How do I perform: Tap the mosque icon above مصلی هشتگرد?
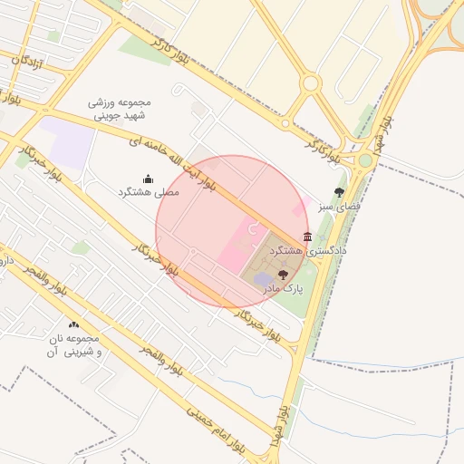149,179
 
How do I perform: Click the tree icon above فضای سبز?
339,192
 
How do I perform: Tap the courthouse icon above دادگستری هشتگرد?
308,237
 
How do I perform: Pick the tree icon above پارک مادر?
283,274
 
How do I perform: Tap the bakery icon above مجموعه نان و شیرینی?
73,324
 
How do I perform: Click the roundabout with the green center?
364,160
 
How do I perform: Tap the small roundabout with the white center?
311,84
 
